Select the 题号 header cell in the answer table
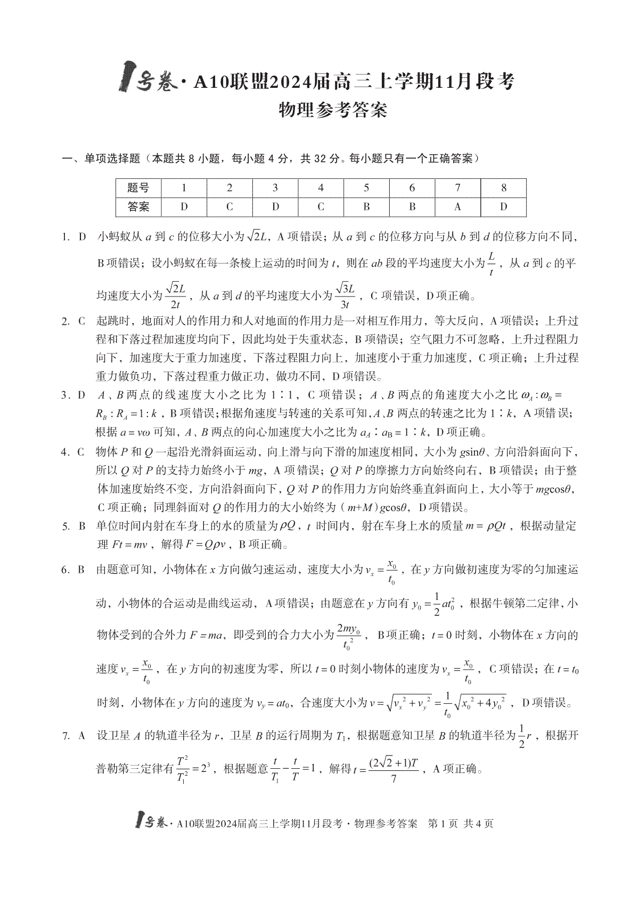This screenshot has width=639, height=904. (x=138, y=188)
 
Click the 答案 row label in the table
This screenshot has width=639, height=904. (x=138, y=207)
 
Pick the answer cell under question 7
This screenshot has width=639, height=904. (x=457, y=207)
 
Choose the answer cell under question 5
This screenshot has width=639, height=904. (x=366, y=207)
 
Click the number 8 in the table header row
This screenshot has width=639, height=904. (x=503, y=188)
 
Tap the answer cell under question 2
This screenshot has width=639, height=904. (x=230, y=207)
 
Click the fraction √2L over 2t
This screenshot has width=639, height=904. (x=175, y=295)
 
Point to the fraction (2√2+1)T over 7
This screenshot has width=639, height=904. (x=393, y=769)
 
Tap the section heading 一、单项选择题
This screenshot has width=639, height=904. (x=101, y=158)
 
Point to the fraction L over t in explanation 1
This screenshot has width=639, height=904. (x=491, y=265)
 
